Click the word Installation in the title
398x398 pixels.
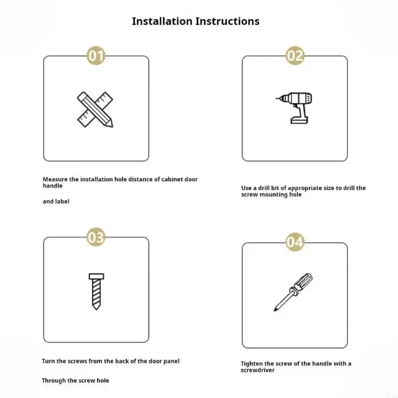(x=162, y=21)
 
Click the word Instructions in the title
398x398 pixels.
(x=227, y=21)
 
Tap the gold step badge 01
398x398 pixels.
(x=96, y=55)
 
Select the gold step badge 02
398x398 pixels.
(x=295, y=55)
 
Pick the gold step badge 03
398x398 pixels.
(x=96, y=237)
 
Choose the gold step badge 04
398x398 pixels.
(x=295, y=242)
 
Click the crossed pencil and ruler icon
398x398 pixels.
(x=95, y=109)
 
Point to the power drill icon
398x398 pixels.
(x=294, y=108)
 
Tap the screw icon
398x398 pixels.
(x=97, y=292)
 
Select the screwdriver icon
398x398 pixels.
(x=293, y=292)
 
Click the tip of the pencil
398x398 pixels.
(x=111, y=126)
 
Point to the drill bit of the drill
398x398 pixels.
(x=279, y=98)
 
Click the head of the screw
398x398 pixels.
(x=97, y=276)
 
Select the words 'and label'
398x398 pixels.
(x=56, y=201)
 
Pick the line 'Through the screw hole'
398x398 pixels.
(x=76, y=380)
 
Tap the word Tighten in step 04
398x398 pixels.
(x=251, y=364)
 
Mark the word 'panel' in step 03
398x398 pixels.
(x=171, y=361)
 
